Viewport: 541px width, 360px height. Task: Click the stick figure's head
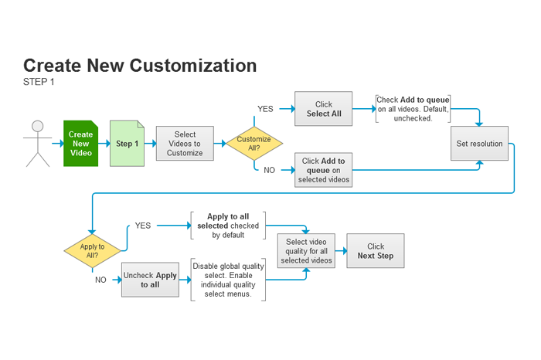coord(38,126)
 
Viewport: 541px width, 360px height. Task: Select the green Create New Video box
coord(80,144)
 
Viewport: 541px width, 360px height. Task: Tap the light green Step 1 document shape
coord(127,144)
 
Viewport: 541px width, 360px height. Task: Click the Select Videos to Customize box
coord(185,144)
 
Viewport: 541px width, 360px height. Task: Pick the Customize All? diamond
coord(254,144)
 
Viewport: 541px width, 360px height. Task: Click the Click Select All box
coord(324,109)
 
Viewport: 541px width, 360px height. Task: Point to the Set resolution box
coord(480,144)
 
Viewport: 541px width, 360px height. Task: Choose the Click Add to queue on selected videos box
coord(324,170)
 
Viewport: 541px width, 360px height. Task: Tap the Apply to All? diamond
coord(92,251)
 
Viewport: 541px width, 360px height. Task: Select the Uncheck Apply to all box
coord(150,280)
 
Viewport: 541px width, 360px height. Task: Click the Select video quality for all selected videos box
coord(306,251)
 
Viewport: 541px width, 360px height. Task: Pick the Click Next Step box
coord(376,251)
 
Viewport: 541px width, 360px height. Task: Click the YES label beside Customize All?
coord(265,109)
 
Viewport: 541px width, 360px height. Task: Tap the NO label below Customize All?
coord(269,170)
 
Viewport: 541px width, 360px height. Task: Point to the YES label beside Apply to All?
coord(143,226)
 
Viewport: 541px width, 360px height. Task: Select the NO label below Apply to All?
coord(100,280)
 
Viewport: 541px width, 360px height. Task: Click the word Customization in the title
coord(193,66)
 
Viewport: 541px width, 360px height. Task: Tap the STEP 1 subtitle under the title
coord(39,82)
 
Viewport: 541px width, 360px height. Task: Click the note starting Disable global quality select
coord(228,280)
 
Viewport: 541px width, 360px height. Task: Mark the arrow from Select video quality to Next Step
coord(341,251)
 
